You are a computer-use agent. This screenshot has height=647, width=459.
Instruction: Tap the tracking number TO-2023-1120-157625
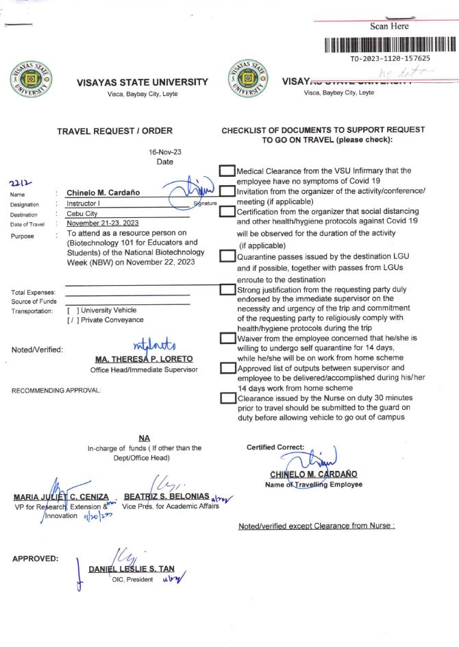tap(390, 59)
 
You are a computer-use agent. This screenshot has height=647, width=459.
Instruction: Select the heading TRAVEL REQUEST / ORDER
tap(114, 131)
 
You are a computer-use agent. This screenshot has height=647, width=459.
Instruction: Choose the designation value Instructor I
tap(84, 204)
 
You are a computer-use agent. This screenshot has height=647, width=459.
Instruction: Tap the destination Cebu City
tap(82, 214)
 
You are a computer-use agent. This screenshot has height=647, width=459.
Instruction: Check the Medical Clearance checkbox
tap(227, 171)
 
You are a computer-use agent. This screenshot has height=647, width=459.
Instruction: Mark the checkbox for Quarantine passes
tap(227, 256)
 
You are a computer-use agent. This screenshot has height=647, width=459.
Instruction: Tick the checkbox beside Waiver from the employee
tap(227, 338)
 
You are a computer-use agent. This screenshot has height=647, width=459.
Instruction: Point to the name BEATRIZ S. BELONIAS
tap(166, 496)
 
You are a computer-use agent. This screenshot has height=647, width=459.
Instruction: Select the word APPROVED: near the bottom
tap(35, 559)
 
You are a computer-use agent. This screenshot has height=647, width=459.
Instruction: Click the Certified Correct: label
tap(275, 447)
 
